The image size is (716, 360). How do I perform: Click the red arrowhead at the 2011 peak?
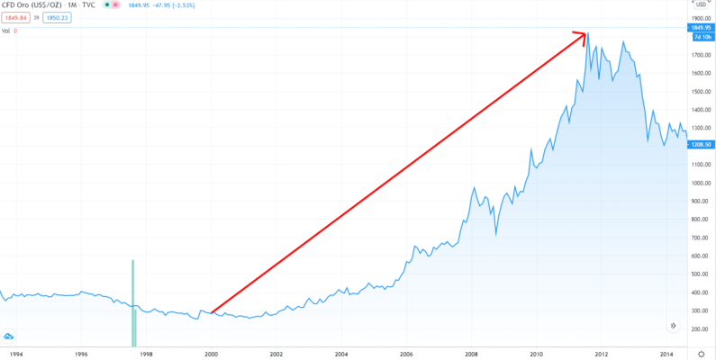pos(583,36)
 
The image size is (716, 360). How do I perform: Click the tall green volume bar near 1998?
pos(133,301)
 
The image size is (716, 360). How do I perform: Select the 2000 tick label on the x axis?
pos(211,354)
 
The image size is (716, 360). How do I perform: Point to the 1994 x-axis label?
pos(17,354)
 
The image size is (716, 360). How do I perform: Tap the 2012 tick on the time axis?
pos(602,354)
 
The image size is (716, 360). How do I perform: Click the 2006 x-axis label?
pos(406,354)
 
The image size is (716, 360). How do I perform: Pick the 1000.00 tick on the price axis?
pos(702,183)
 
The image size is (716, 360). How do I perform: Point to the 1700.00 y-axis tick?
pos(702,55)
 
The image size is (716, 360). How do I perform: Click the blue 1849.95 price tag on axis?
pos(702,29)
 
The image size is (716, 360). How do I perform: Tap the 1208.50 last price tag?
pos(702,144)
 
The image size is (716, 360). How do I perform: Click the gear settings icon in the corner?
pos(702,354)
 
